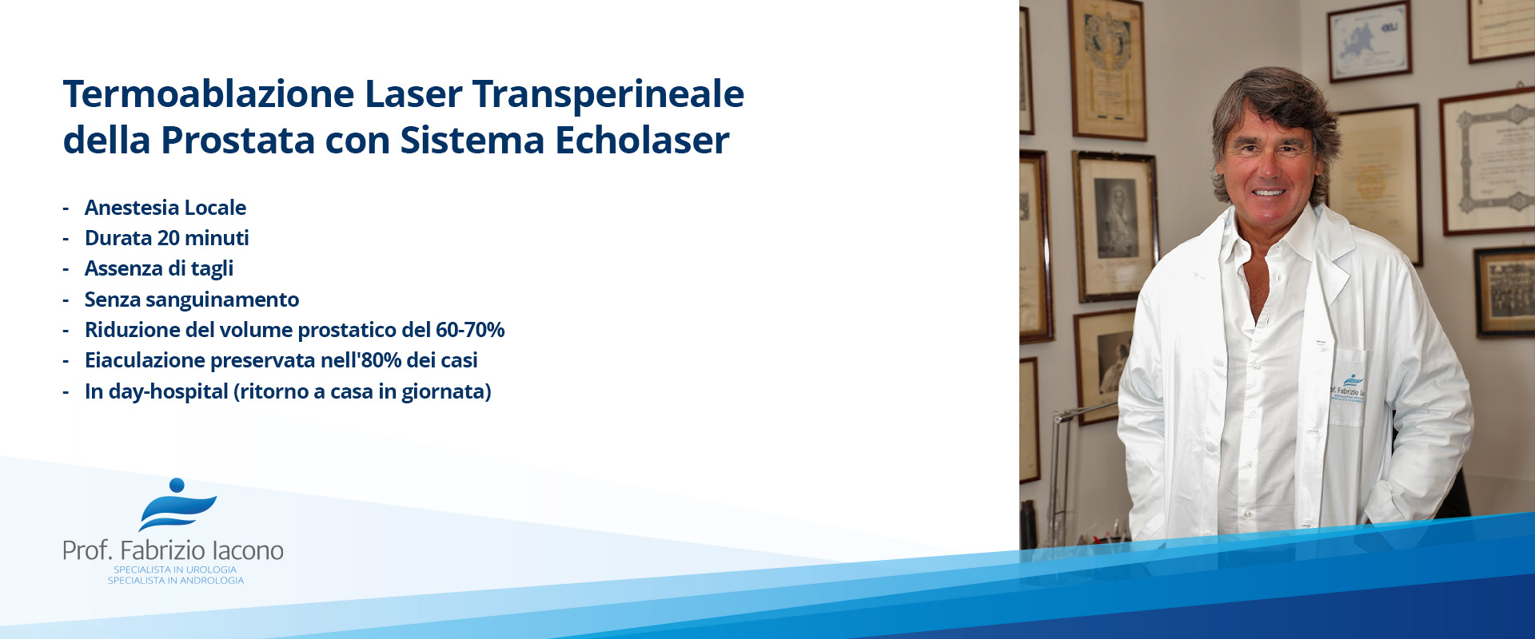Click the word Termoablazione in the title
pyautogui.click(x=209, y=94)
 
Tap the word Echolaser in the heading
pyautogui.click(x=643, y=141)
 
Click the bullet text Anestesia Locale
pyautogui.click(x=165, y=208)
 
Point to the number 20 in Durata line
pyautogui.click(x=168, y=238)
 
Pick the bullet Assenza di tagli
pyautogui.click(x=159, y=269)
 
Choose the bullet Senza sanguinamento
pyautogui.click(x=192, y=300)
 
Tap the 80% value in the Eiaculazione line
pyautogui.click(x=381, y=360)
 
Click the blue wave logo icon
pyautogui.click(x=177, y=505)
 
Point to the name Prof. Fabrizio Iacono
pyautogui.click(x=173, y=550)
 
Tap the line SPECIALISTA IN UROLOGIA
pyautogui.click(x=175, y=570)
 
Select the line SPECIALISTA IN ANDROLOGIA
pyautogui.click(x=176, y=581)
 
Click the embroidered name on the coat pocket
pyautogui.click(x=1348, y=392)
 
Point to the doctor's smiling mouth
pyautogui.click(x=1269, y=192)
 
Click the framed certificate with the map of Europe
pyautogui.click(x=1370, y=42)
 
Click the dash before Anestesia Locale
pyautogui.click(x=66, y=209)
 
